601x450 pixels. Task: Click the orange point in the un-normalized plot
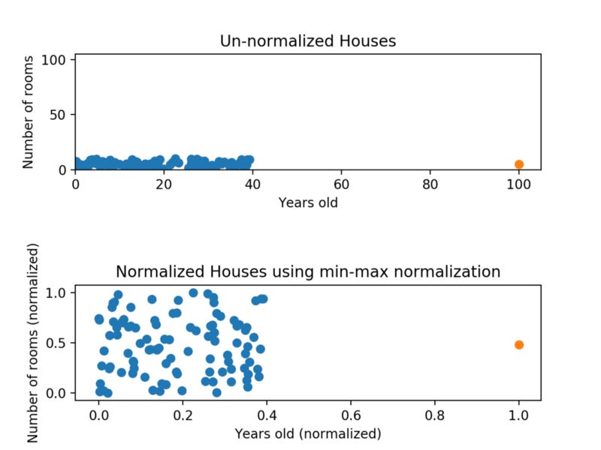coord(518,164)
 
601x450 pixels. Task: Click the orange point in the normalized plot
coord(518,345)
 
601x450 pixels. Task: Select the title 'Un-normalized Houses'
coord(307,40)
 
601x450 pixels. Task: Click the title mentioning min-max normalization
coord(307,271)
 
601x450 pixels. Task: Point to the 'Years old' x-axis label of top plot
coord(307,202)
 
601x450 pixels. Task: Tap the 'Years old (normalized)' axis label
coord(307,433)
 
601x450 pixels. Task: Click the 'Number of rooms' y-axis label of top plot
coord(28,112)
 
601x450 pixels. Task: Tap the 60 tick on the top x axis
coord(341,184)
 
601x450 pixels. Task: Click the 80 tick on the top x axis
coord(430,184)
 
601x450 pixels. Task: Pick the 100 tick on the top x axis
coord(518,184)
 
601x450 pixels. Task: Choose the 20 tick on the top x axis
coord(164,184)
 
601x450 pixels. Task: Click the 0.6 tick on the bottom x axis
coord(350,414)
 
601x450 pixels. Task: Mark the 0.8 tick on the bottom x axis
coord(434,414)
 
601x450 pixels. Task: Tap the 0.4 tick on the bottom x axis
coord(267,414)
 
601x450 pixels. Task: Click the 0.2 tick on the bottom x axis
coord(183,414)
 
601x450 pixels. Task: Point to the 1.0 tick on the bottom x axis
coord(518,414)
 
